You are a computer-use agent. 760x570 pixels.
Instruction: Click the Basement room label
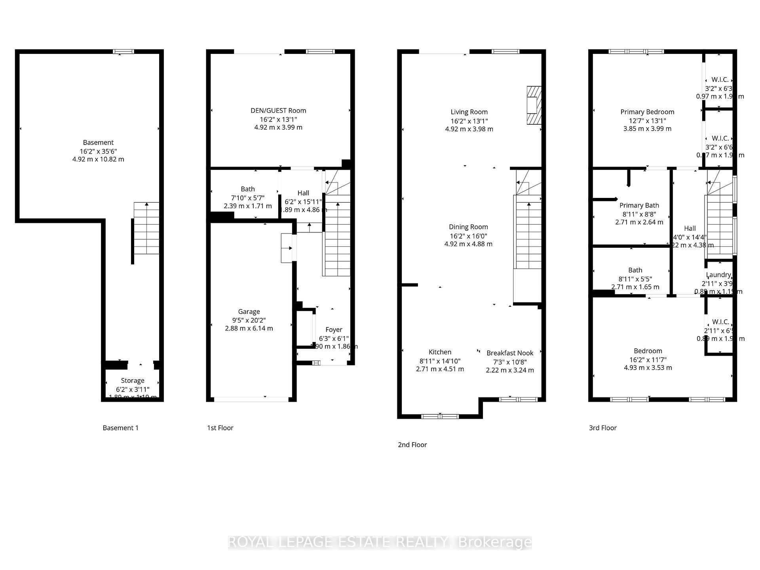pos(98,142)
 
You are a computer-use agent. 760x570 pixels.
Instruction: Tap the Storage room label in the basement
pos(132,380)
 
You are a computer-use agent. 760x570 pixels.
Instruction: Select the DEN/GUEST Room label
pos(278,110)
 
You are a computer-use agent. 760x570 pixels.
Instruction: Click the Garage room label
pos(249,312)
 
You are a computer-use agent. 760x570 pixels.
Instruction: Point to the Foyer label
pos(334,329)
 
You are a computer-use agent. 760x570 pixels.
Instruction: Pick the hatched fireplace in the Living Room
pos(534,105)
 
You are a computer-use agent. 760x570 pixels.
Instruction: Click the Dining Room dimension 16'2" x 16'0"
pos(468,236)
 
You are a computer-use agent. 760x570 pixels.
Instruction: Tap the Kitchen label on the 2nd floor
pos(440,352)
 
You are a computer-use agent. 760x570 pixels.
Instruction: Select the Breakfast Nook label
pos(510,353)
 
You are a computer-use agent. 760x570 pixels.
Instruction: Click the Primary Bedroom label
pos(647,112)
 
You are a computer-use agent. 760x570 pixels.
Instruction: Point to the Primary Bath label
pos(639,205)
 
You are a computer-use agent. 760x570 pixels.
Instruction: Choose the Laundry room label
pos(718,275)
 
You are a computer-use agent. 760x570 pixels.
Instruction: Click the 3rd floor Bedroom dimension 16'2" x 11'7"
pos(648,359)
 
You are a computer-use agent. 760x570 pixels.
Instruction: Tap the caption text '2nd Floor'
pos(412,445)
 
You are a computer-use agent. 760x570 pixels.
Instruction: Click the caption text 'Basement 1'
pos(120,427)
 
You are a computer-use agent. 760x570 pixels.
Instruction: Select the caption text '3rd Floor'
pos(602,427)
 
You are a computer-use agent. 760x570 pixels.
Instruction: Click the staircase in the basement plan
pos(146,228)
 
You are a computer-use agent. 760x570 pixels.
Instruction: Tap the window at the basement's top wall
pos(123,51)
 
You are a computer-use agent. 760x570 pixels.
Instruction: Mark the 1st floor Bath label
pos(248,189)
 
